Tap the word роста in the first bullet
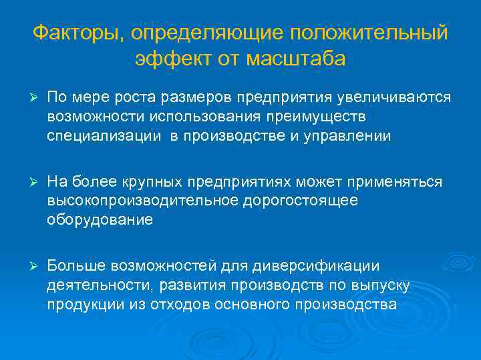(x=134, y=98)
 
